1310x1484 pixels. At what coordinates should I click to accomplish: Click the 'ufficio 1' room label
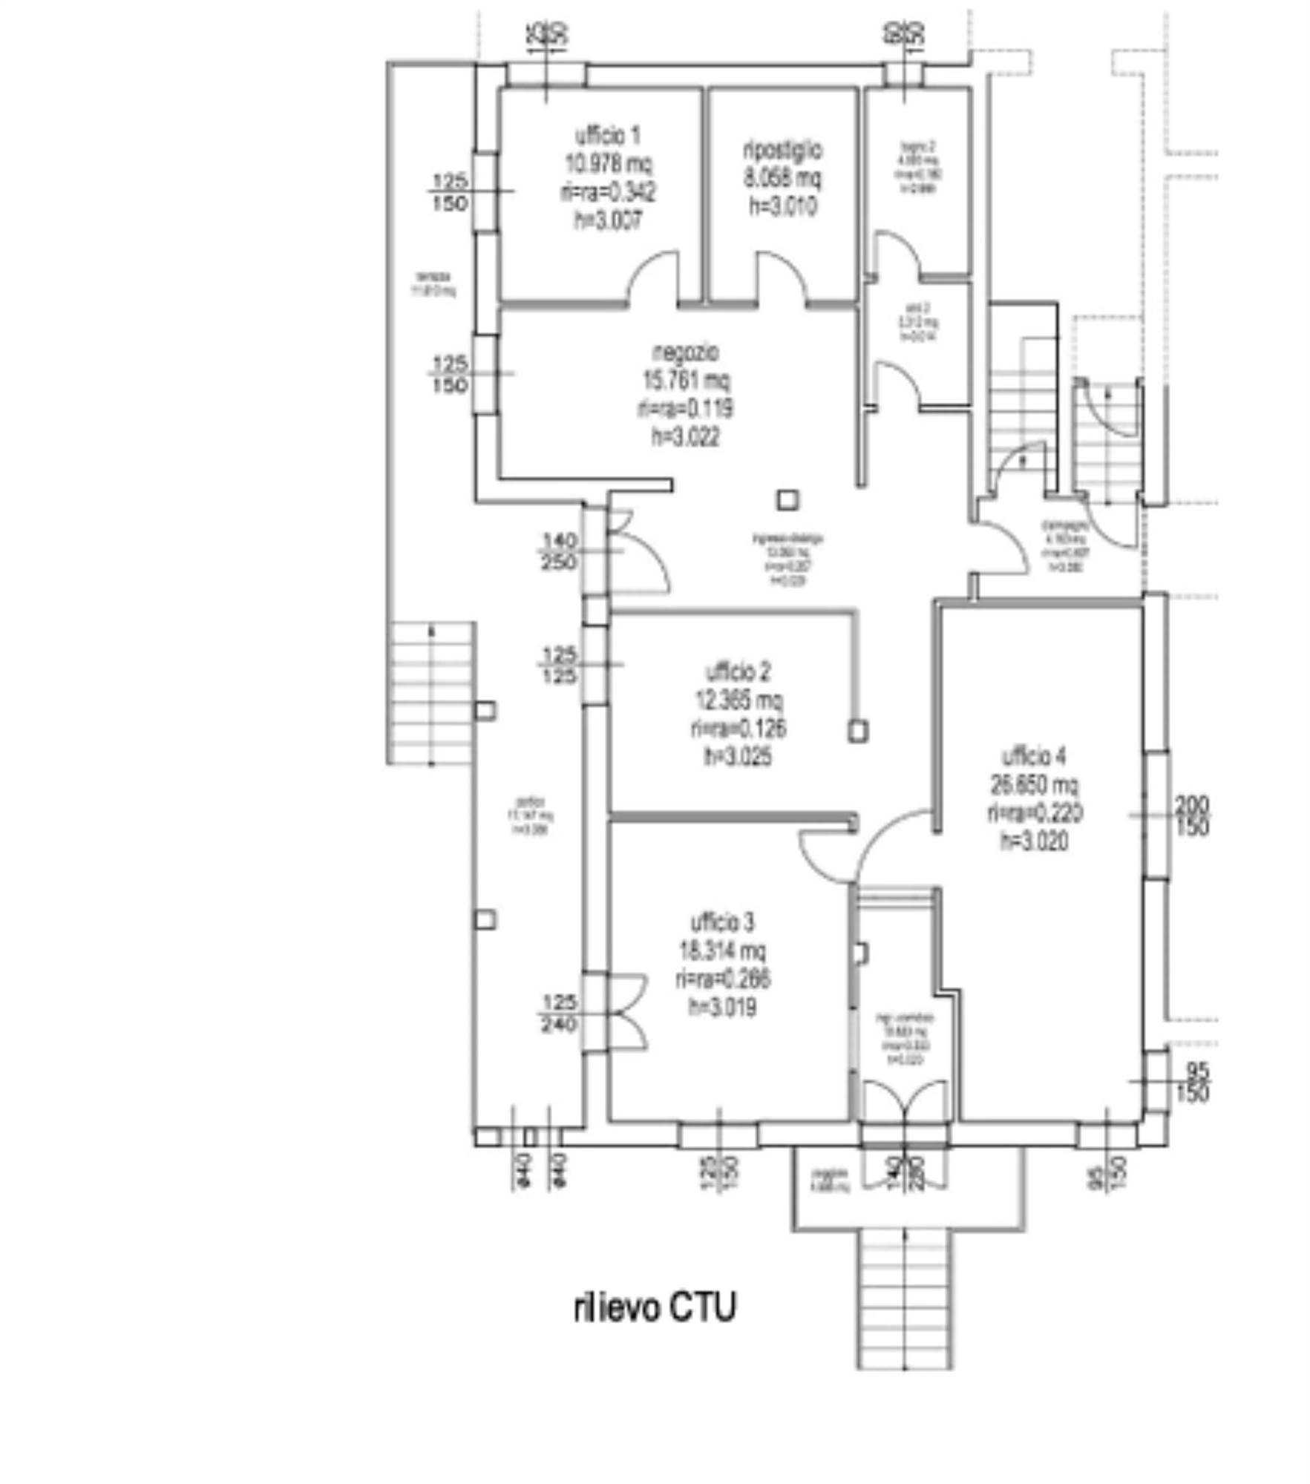(606, 136)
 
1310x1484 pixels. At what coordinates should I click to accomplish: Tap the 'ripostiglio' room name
(782, 151)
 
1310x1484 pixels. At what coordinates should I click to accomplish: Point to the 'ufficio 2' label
(737, 672)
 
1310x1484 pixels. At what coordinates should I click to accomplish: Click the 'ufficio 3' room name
(722, 922)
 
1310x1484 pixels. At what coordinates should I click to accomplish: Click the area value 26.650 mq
(1034, 784)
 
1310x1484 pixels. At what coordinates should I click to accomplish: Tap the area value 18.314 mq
(722, 951)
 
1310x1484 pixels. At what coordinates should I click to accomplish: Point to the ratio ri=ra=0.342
(606, 193)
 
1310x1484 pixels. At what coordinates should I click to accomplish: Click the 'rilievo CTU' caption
(654, 1307)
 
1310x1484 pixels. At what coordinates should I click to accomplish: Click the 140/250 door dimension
(558, 552)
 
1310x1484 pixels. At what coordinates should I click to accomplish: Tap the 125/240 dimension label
(558, 1014)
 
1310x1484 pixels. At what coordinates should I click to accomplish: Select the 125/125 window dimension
(558, 665)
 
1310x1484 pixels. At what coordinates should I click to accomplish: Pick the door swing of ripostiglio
(781, 278)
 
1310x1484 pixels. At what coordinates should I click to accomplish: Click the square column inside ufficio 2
(857, 731)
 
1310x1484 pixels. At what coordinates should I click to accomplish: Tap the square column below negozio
(787, 500)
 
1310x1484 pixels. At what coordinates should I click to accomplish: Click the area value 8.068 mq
(782, 179)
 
